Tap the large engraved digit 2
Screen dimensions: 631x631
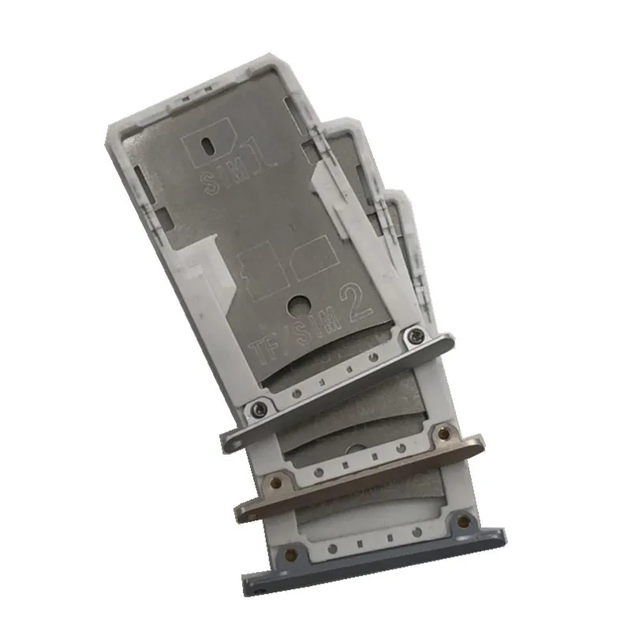click(356, 303)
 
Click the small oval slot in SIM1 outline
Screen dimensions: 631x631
click(207, 145)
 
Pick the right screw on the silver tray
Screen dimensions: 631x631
click(416, 334)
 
